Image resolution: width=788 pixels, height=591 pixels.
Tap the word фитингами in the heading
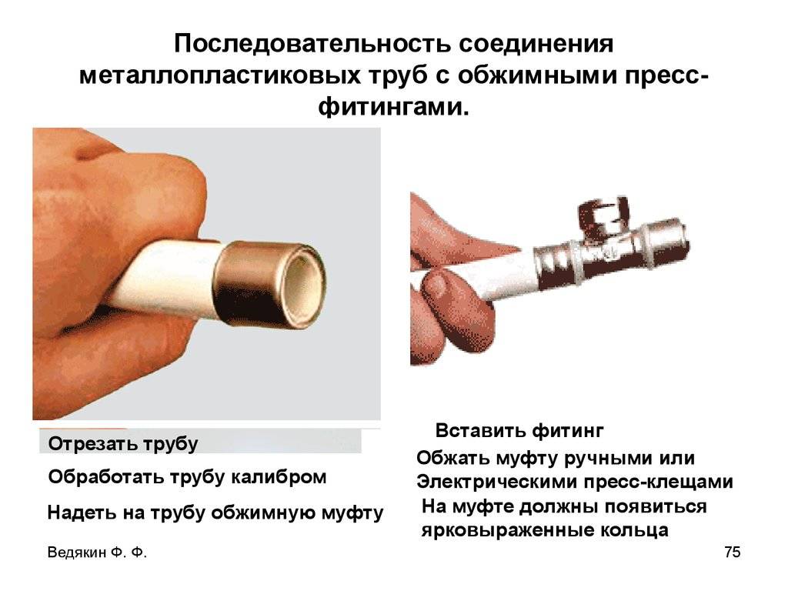[x=393, y=106]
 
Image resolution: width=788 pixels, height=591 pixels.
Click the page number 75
[x=733, y=552]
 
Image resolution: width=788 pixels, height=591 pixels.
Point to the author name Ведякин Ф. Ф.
[x=97, y=553]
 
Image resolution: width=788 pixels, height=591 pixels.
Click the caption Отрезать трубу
[x=123, y=444]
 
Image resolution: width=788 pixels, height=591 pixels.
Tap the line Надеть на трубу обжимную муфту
[x=215, y=513]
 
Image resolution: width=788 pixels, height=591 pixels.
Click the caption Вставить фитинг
[x=519, y=431]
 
